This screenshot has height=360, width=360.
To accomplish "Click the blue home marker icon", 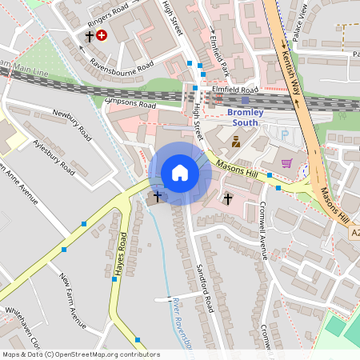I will pyautogui.click(x=180, y=173).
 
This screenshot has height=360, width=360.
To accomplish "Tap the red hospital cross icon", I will pyautogui.click(x=102, y=35).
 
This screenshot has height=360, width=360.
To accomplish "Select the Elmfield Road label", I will pyautogui.click(x=235, y=90).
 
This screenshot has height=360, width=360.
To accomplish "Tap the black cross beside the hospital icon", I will pyautogui.click(x=89, y=36).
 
